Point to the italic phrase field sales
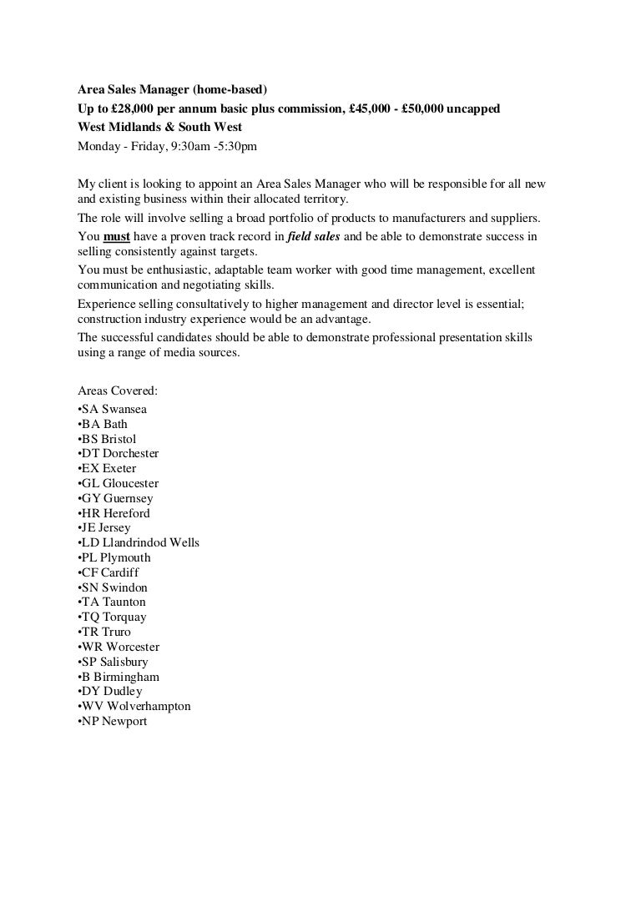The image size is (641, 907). pyautogui.click(x=313, y=236)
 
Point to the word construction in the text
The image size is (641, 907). pyautogui.click(x=109, y=320)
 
